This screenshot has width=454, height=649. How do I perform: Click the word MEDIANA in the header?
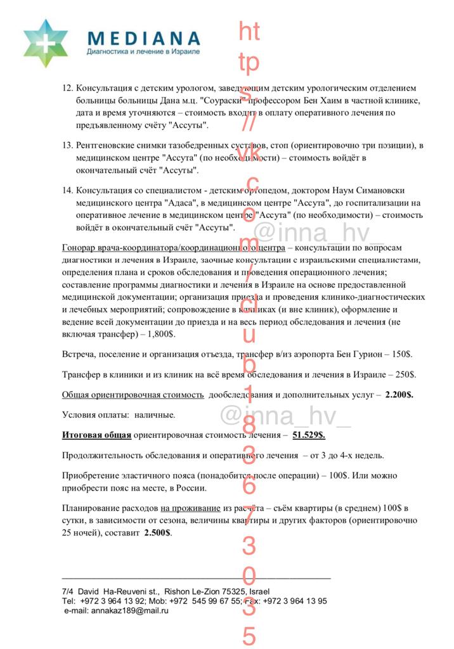coord(143,39)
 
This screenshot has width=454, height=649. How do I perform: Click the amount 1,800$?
coord(161,333)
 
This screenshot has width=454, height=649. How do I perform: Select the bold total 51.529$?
coord(309,435)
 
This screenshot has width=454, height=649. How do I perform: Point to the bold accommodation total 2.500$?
coord(157,533)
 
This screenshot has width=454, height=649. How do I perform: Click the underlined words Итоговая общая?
coord(96,435)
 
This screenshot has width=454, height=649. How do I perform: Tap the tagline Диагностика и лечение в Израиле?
coord(143,51)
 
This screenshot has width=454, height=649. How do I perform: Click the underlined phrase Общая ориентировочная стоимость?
coord(133,395)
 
